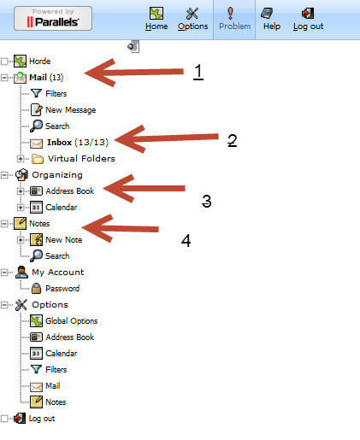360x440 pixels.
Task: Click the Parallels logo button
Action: click(x=53, y=19)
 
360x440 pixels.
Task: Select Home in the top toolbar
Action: click(x=156, y=19)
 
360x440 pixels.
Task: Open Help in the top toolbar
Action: click(x=272, y=19)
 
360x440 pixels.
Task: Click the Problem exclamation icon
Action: click(x=230, y=14)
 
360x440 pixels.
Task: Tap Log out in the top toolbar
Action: click(x=308, y=19)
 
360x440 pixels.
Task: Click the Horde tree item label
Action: click(x=40, y=62)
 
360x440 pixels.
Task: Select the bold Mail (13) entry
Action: click(x=46, y=78)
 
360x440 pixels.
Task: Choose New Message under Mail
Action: click(x=71, y=110)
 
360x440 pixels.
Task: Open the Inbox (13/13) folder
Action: click(x=78, y=142)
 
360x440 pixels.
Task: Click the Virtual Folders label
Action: click(x=81, y=159)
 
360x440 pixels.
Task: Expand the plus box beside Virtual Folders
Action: click(x=21, y=159)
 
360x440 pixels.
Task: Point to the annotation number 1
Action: click(x=198, y=72)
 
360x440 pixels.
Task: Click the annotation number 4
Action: click(x=186, y=241)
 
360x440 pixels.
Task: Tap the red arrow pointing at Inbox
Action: click(x=166, y=139)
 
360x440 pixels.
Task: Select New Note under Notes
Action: click(x=64, y=240)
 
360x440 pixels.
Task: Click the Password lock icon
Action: click(x=36, y=288)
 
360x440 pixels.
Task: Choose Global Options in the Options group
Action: click(x=72, y=321)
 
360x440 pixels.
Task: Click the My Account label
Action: click(x=58, y=273)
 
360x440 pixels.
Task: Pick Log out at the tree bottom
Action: click(x=42, y=419)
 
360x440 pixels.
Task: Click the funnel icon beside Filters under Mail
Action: click(x=36, y=93)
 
